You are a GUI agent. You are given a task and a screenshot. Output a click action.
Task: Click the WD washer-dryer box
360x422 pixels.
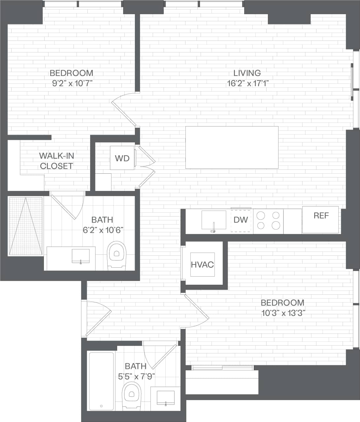[122, 158]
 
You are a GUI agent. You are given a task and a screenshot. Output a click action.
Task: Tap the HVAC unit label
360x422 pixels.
[202, 264]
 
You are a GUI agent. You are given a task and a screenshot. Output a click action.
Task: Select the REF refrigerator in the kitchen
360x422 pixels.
[321, 216]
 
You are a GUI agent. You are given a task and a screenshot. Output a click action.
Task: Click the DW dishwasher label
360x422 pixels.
[241, 220]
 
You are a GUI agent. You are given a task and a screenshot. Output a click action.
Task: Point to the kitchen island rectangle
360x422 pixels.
[232, 147]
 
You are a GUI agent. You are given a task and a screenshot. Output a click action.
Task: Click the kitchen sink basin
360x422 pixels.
[214, 220]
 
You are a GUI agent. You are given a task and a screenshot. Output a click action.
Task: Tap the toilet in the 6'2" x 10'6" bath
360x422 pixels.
[117, 255]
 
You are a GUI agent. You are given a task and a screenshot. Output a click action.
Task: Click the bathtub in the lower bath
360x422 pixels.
[101, 381]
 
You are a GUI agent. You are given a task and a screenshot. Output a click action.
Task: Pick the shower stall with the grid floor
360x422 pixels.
[26, 226]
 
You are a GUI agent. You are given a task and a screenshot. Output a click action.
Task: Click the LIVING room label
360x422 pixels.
[247, 73]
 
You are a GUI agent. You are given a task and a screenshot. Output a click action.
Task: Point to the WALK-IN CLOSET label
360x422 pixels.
[56, 161]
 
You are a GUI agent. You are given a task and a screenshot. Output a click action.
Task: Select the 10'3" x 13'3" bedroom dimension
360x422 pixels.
[282, 313]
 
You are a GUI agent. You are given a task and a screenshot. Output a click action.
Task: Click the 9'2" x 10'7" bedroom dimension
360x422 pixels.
[71, 83]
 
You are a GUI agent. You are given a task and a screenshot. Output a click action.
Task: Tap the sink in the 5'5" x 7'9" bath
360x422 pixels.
[166, 397]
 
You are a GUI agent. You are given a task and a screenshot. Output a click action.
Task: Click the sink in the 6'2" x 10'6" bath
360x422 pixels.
[81, 256]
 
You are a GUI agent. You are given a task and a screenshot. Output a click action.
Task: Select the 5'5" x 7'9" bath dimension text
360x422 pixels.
[136, 376]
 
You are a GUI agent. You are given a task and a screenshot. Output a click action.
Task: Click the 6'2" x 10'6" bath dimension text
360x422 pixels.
[103, 230]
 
